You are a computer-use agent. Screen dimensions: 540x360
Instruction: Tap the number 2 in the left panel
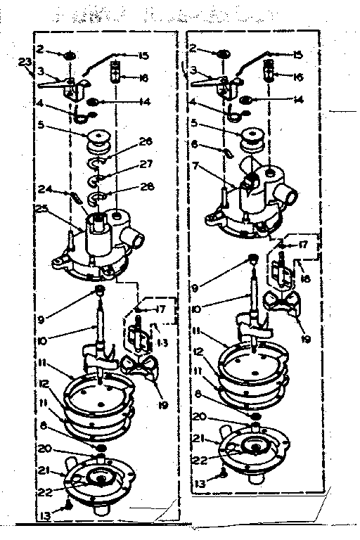[41, 51]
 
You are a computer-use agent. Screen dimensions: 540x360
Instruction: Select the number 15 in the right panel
[297, 54]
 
